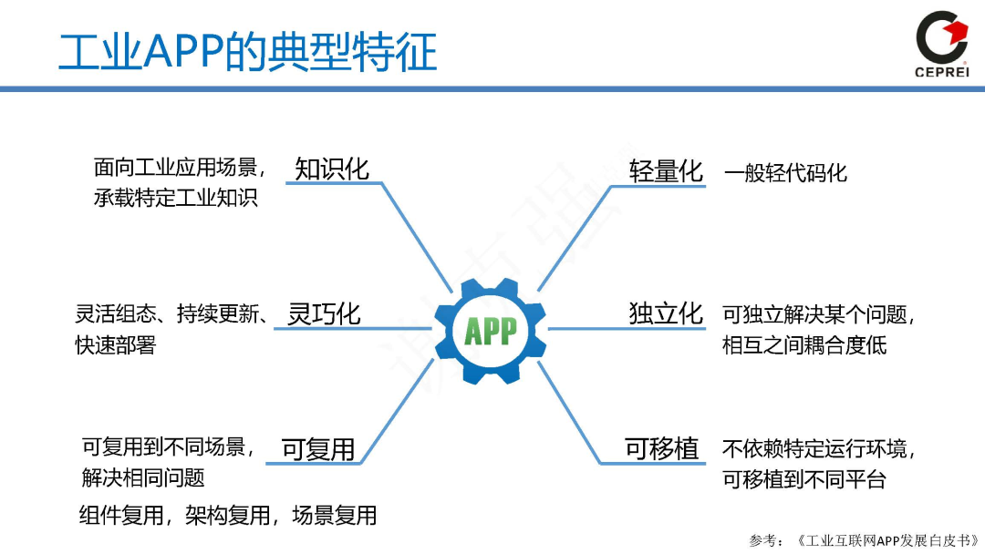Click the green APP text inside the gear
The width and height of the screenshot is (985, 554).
coord(491,330)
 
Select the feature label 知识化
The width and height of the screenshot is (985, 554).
coord(332,169)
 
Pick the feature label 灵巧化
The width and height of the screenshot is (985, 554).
coord(324,314)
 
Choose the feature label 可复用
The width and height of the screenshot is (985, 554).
coord(317,449)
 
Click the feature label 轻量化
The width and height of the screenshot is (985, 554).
coord(667,170)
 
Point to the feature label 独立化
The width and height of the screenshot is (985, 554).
coord(667,313)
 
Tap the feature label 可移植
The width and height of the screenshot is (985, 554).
coord(662,448)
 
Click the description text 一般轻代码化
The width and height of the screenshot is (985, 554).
coord(786,173)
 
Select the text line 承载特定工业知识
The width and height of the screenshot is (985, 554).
coord(176,197)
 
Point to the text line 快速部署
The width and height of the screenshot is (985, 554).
coord(116,345)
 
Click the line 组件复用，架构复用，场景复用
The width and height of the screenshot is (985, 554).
coord(228,516)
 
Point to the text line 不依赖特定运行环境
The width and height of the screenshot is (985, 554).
coord(817,449)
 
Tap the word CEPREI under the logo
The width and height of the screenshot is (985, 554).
coord(941,74)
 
